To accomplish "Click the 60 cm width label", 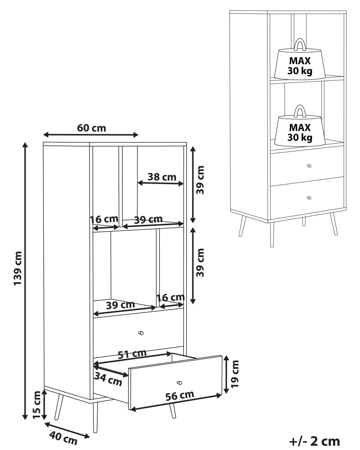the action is [91, 128].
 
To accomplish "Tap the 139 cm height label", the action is [17, 268].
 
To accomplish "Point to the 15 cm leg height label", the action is [37, 405].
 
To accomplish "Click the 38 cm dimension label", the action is [162, 177].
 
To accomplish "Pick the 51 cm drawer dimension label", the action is [132, 354].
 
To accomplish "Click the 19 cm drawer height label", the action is [235, 374].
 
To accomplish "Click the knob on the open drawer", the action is [180, 383].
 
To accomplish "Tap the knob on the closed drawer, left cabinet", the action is [141, 333].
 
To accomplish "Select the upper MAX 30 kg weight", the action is [300, 59].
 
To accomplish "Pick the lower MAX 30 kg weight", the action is [300, 126].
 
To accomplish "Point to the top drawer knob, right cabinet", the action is [309, 166].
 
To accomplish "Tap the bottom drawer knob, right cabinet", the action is [309, 198].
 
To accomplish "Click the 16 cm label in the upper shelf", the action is [104, 219].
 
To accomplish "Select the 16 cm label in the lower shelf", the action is [171, 298].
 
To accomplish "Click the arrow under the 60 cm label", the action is [91, 135].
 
